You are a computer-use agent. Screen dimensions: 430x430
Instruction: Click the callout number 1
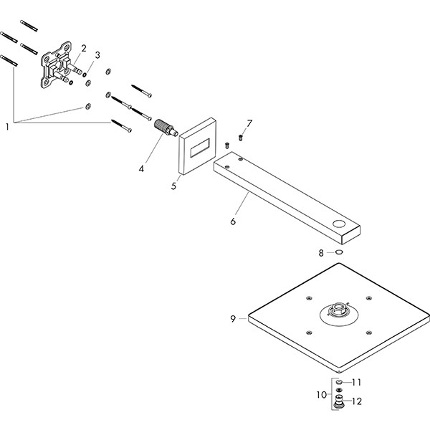point(8,127)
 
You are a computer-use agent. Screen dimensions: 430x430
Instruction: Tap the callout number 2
point(84,48)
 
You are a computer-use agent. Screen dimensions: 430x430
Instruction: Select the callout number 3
point(97,54)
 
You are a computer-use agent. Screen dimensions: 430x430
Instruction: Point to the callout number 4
point(142,169)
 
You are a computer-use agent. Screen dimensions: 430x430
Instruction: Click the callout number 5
point(173,186)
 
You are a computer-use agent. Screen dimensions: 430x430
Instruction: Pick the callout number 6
point(233,221)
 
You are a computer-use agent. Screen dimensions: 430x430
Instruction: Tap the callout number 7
point(249,123)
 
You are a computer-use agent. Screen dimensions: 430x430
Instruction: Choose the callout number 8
point(322,252)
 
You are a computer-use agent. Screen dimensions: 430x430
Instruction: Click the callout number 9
point(233,318)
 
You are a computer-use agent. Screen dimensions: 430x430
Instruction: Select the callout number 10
point(322,394)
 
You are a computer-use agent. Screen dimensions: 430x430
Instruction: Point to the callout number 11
point(357,383)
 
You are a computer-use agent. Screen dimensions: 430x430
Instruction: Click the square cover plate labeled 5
point(197,147)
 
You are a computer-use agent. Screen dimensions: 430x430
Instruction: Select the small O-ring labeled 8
point(338,252)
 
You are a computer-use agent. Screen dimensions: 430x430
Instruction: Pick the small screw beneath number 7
point(242,136)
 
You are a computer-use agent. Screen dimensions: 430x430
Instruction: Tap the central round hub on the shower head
point(337,312)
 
